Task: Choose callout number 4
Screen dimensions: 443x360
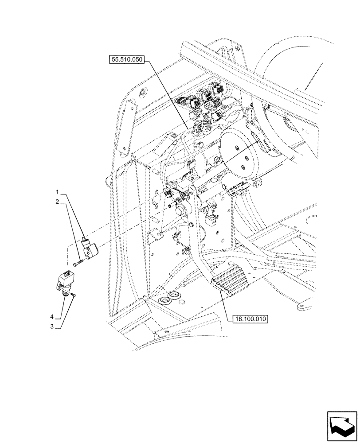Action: (x=52, y=317)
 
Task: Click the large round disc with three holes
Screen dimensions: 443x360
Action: (x=239, y=151)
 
